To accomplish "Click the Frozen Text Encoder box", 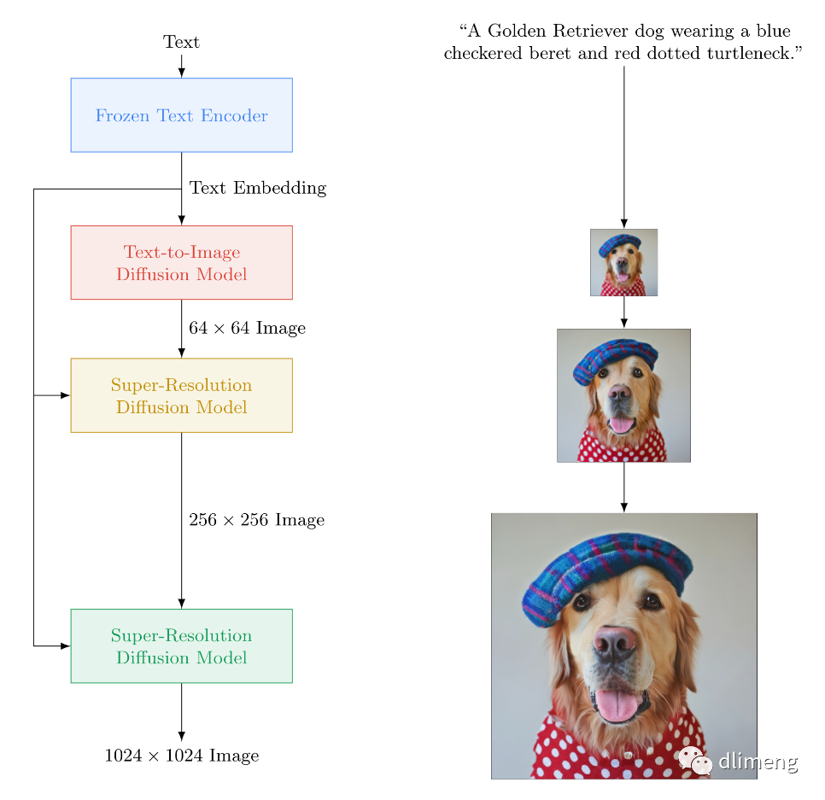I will (x=181, y=115).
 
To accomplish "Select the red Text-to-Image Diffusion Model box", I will (x=181, y=262).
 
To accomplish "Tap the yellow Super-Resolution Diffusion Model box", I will (x=181, y=395).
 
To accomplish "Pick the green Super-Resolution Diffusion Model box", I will (x=181, y=646).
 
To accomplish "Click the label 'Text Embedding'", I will (x=257, y=188).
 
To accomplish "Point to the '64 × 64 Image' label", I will (x=247, y=328).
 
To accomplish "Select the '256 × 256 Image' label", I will (x=256, y=520).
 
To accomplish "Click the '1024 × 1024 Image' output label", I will (x=181, y=756).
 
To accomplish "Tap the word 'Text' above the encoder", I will (x=181, y=42).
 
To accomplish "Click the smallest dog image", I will (x=623, y=262).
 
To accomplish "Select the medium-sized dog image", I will (x=623, y=395).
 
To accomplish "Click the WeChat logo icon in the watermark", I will (x=695, y=760).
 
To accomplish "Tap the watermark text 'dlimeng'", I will (x=758, y=761).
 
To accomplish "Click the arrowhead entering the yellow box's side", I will (x=65, y=395).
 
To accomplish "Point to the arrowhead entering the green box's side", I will (x=65, y=646).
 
